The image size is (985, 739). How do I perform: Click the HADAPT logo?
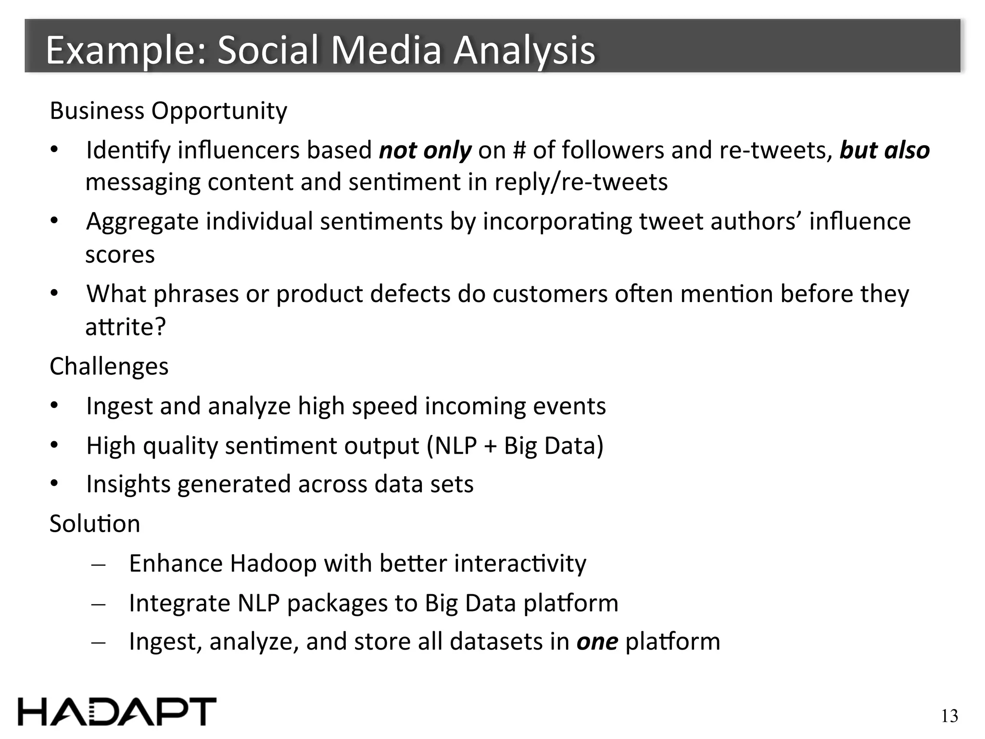click(117, 711)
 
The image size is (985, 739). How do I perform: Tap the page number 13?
click(949, 716)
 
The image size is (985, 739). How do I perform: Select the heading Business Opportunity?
click(168, 111)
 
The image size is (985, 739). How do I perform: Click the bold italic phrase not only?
click(425, 150)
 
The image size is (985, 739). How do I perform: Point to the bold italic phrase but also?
click(884, 150)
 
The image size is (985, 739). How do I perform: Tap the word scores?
click(120, 255)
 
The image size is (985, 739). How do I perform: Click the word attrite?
click(126, 327)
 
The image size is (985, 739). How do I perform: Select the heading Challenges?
click(109, 367)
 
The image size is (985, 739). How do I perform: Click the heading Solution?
click(95, 523)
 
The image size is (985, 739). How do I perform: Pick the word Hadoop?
click(273, 563)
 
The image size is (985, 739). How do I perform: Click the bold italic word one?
click(597, 642)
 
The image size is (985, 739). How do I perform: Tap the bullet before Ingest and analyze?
click(54, 407)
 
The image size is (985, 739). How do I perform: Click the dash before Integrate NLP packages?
click(98, 604)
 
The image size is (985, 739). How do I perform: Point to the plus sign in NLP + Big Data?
click(490, 446)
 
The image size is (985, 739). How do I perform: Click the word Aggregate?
click(142, 222)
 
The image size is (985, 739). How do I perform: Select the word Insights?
click(128, 484)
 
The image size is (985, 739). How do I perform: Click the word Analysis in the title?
click(524, 51)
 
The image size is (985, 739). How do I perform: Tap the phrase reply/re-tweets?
click(581, 182)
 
